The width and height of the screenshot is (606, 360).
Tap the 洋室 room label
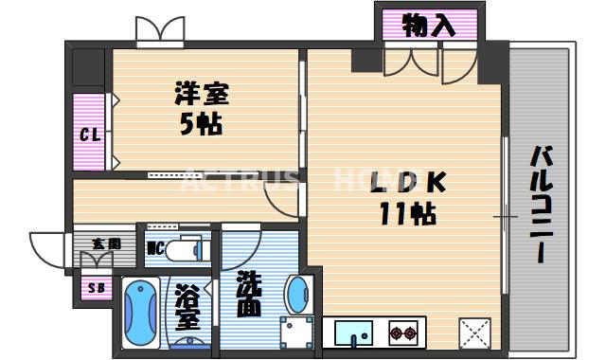(x=201, y=95)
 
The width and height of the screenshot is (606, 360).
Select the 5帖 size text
(x=201, y=124)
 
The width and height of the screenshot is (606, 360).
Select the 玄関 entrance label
(x=106, y=243)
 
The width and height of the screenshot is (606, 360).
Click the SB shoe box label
(x=95, y=288)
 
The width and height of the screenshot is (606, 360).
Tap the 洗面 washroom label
(x=248, y=295)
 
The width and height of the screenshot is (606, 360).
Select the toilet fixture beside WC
(x=187, y=249)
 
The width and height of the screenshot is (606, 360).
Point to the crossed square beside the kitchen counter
(x=473, y=333)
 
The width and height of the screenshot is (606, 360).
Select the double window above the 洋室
(x=159, y=31)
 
